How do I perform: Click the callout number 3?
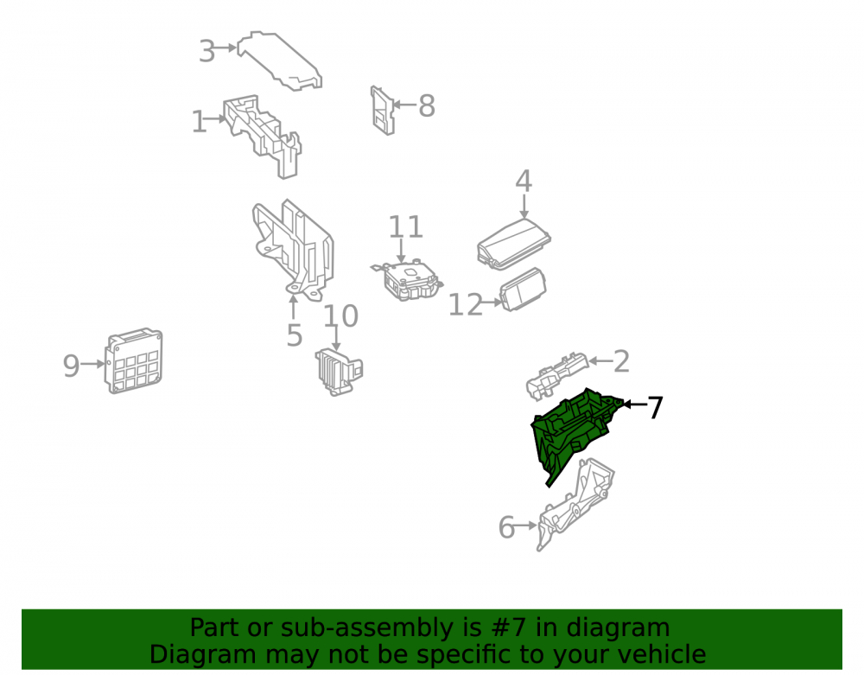pos(206,51)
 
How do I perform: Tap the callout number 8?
pos(427,105)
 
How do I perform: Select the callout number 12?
pos(466,305)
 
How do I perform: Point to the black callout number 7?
pos(655,408)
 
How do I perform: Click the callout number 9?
pos(71,366)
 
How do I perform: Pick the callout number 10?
pos(340,316)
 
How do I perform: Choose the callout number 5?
pos(295,335)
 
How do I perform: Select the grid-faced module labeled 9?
pos(134,361)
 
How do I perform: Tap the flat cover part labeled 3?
pos(280,60)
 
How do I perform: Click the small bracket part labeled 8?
pos(383,111)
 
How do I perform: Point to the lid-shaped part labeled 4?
pos(513,244)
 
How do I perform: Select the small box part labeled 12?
pos(523,290)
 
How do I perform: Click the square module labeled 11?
pos(409,280)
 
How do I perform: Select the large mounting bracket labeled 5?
pos(293,251)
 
